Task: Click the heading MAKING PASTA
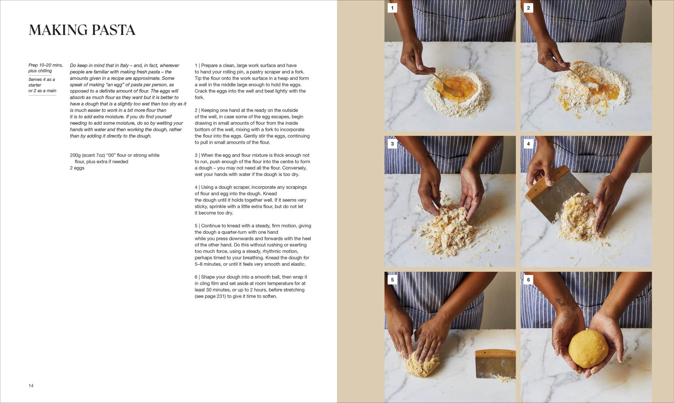tap(82, 30)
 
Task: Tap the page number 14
tap(31, 386)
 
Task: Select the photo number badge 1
tap(392, 8)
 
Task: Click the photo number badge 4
tap(528, 144)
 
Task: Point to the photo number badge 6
tap(528, 280)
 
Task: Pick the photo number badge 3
tap(392, 144)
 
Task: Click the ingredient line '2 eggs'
tap(77, 168)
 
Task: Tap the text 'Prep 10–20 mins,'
tap(45, 65)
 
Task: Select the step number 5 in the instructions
tap(196, 226)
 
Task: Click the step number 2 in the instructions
tap(196, 110)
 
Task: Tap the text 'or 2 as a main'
tap(42, 91)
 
